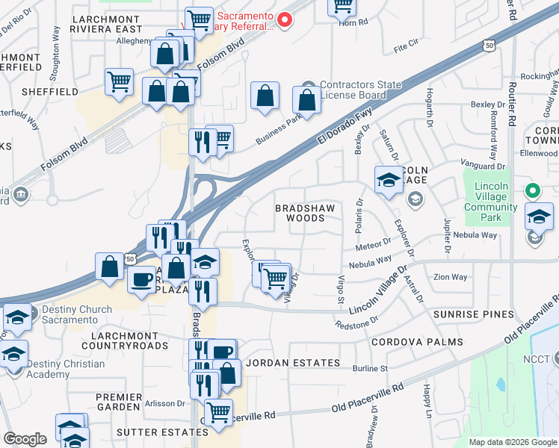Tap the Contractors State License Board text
tap(353, 90)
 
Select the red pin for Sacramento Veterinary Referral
tap(283, 20)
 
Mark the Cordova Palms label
tap(417, 342)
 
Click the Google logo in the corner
tap(25, 439)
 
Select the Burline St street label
tap(371, 368)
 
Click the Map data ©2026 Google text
tap(512, 442)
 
